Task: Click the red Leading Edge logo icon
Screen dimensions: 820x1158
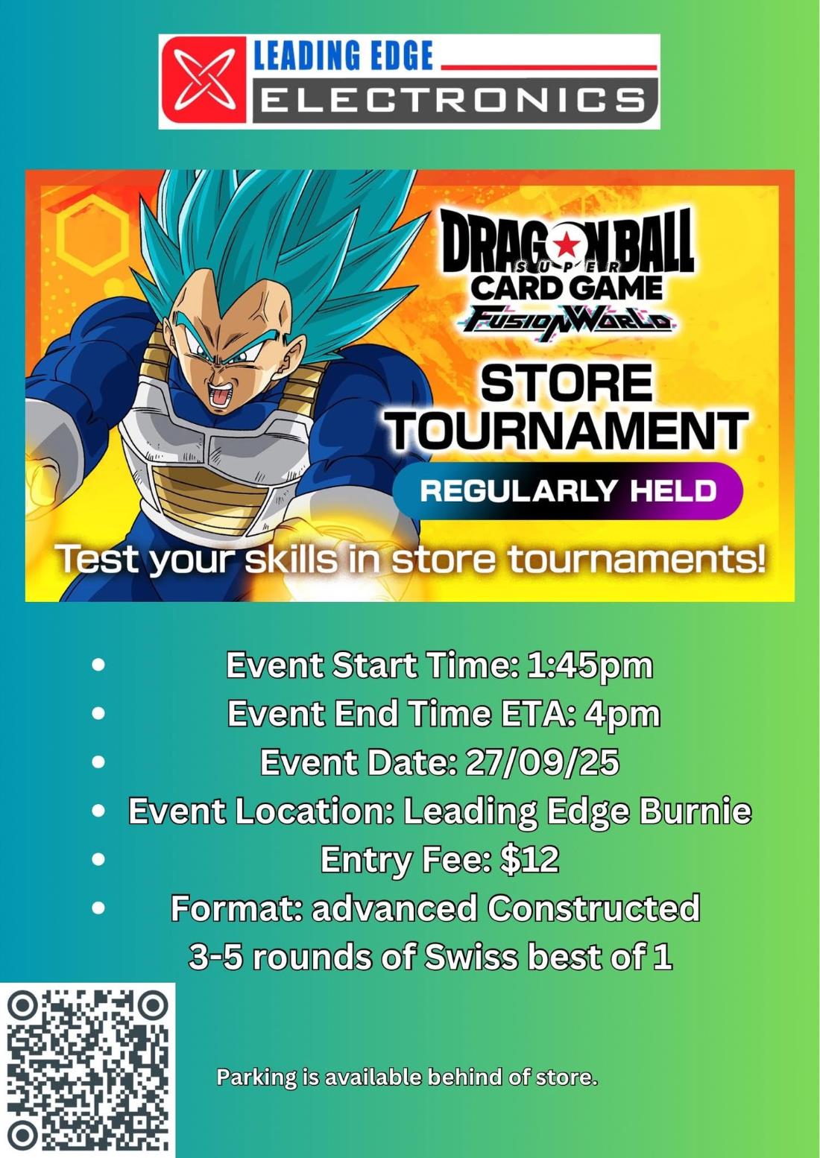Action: click(x=204, y=80)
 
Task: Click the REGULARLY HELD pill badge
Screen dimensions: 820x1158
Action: click(x=568, y=490)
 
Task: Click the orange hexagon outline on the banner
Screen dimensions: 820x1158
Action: click(x=92, y=235)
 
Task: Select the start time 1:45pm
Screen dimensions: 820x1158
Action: click(x=590, y=666)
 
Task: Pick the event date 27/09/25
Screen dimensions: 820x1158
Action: click(x=543, y=762)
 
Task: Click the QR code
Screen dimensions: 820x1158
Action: click(x=87, y=1071)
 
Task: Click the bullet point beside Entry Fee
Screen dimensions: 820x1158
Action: click(x=98, y=859)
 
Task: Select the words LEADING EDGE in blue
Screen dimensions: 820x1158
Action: click(x=343, y=55)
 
